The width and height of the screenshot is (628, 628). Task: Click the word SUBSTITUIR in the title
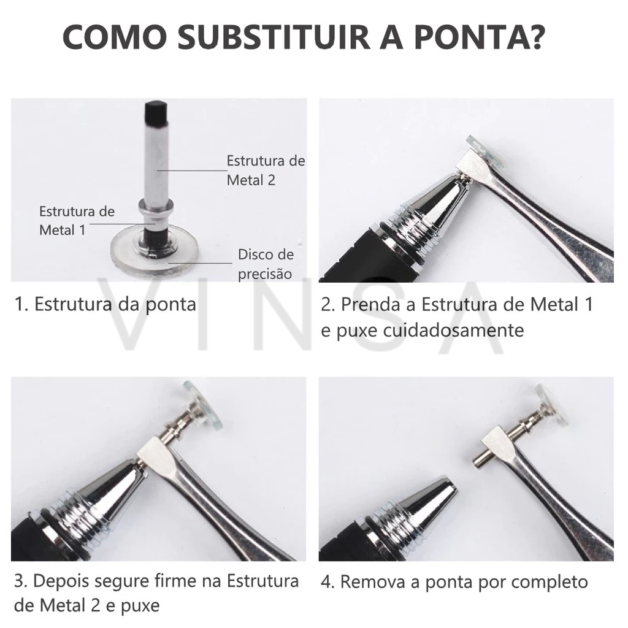click(x=274, y=37)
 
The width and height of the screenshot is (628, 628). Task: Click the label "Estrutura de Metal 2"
click(x=266, y=170)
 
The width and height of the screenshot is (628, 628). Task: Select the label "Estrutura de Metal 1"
click(x=77, y=221)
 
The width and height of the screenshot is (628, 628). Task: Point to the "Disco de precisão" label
click(x=266, y=264)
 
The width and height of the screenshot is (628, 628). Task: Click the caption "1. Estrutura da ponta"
click(x=105, y=304)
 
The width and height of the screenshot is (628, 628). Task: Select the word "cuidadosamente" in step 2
click(x=453, y=331)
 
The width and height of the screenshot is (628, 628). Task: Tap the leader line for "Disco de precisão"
click(x=201, y=263)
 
